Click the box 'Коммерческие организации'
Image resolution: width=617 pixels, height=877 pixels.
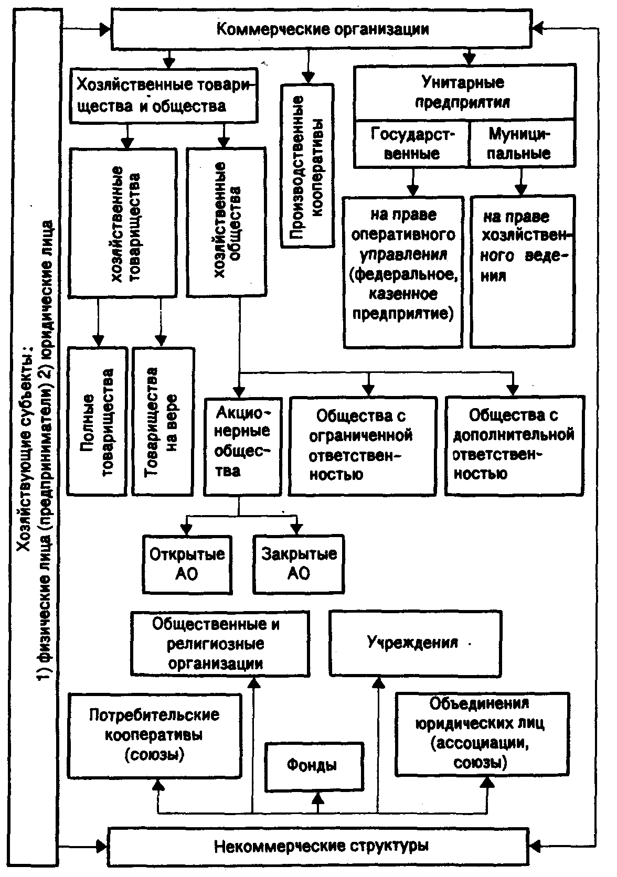coord(322,29)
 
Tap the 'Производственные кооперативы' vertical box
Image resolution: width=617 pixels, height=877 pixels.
coord(308,166)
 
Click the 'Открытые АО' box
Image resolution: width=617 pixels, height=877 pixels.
coord(187,564)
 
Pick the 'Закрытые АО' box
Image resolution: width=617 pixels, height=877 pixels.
coord(299,564)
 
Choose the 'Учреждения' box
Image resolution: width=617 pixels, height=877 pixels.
coord(416,643)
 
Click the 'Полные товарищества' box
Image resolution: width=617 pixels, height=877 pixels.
coord(97,421)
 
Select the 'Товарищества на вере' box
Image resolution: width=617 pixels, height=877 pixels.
coord(163,421)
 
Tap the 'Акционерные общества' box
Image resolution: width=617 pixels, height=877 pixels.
coord(243,447)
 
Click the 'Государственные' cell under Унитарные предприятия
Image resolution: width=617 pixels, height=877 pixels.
coord(411,144)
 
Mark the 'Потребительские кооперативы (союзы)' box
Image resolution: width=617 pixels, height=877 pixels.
coord(155,736)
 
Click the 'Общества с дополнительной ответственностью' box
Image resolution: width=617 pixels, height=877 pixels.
coord(514,446)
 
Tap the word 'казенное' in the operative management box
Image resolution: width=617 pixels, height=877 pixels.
coord(403,294)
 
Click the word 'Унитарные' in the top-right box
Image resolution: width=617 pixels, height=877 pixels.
coord(463,82)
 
